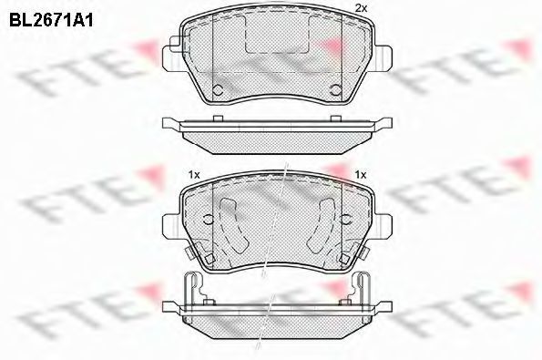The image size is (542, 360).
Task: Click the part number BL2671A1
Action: click(x=51, y=21)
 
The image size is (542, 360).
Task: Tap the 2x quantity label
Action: click(x=361, y=8)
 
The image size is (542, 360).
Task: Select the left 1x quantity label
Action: click(x=194, y=175)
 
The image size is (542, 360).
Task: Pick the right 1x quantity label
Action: click(x=360, y=175)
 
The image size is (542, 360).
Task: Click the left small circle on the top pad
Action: click(x=217, y=90)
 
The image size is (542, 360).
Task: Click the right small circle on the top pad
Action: click(x=335, y=90)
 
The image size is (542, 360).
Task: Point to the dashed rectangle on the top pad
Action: click(x=277, y=35)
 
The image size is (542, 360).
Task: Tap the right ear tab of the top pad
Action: click(x=383, y=58)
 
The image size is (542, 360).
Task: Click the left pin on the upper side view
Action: click(x=218, y=118)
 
